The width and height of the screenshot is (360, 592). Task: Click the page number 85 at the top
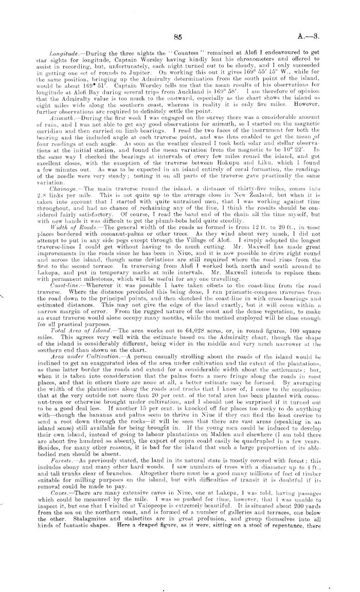point(178,37)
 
